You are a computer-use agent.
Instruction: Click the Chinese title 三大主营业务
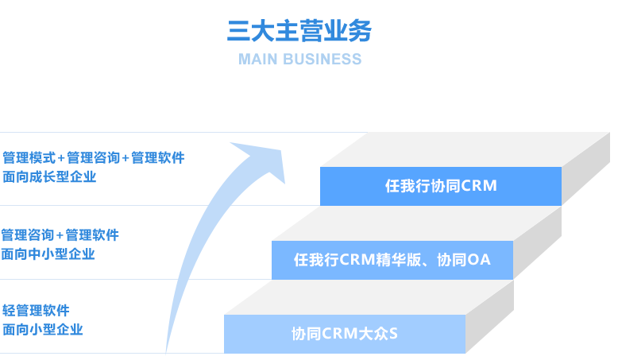pos(299,31)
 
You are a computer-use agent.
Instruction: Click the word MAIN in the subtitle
pos(258,60)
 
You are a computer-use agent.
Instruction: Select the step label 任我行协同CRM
pos(440,186)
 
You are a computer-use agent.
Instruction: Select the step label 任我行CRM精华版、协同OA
pos(392,260)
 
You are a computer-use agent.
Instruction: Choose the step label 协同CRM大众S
pos(344,334)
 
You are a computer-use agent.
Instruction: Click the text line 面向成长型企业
pos(49,177)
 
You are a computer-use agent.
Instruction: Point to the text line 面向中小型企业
pos(48,254)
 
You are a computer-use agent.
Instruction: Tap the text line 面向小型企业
pos(43,329)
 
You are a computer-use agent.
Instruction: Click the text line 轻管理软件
pos(37,310)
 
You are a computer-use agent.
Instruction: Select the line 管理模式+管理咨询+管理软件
pos(93,157)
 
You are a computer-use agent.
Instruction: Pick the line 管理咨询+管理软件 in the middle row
pos(60,234)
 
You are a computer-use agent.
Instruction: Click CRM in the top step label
pos(479,186)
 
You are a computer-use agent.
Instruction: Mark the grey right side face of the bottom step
pos(489,322)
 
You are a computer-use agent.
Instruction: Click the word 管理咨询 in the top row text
pos(94,157)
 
